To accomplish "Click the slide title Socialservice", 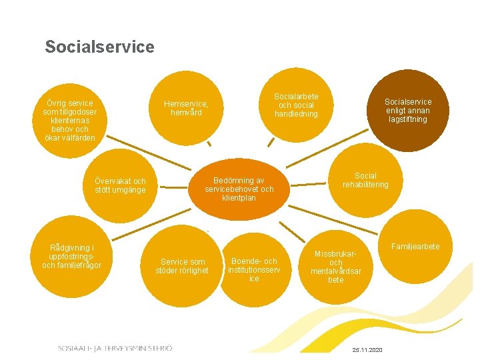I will pos(99,47).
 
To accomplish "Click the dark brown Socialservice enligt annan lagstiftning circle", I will pos(407,111).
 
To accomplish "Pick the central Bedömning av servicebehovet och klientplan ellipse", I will pos(239,189).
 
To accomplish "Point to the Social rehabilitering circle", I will pos(365,180).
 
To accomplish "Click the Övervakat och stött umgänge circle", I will pos(120,186).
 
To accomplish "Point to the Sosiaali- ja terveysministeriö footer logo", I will pos(115,348).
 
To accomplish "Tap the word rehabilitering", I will pos(365,185).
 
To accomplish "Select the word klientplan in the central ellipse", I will pos(239,198).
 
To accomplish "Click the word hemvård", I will pos(186,113).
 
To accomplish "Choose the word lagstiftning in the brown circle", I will pos(407,119).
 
